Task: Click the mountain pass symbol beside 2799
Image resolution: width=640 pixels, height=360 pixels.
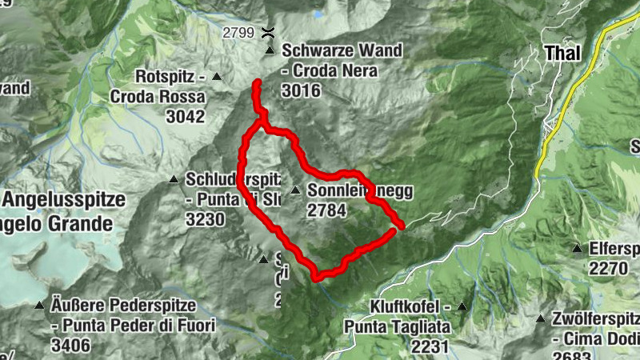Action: (x=270, y=33)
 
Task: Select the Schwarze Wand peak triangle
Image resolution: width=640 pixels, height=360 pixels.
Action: (x=270, y=52)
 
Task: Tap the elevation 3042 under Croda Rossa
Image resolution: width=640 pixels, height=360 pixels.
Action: (x=185, y=116)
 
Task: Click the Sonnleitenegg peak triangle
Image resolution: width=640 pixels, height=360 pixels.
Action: (x=295, y=190)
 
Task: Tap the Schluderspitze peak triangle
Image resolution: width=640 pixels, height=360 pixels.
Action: (x=174, y=179)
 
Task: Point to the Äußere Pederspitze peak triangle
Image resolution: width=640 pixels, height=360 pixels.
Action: (x=39, y=305)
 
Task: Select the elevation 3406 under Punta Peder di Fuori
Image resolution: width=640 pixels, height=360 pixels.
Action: (x=70, y=346)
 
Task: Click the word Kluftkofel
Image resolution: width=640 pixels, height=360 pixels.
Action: (x=407, y=306)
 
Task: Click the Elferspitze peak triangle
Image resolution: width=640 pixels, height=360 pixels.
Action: (x=577, y=249)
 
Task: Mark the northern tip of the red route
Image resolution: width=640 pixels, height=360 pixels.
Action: (x=257, y=83)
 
